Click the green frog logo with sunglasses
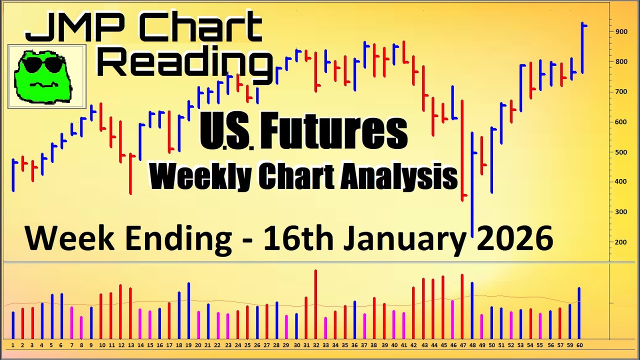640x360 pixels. (43, 76)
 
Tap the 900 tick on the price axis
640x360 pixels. (621, 31)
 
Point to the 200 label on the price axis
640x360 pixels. (621, 242)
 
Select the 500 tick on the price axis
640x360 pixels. (621, 152)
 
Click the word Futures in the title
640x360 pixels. (333, 132)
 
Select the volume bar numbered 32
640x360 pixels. (315, 304)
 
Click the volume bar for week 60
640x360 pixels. (579, 313)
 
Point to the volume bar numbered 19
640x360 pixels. (189, 310)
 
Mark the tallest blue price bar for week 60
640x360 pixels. (582, 48)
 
